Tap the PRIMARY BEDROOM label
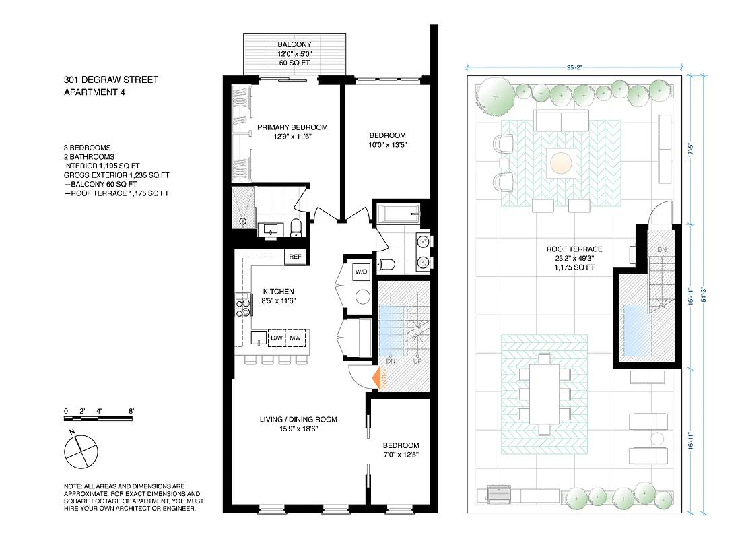292,127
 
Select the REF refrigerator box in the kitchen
294,257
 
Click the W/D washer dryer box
362,271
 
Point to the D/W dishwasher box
277,338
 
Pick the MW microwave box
295,338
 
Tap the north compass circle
80,451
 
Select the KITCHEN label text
279,292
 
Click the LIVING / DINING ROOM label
298,420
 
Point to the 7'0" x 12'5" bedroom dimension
401,455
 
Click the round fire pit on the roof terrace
560,162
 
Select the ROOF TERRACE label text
574,249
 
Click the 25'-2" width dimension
574,67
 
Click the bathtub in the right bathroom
397,216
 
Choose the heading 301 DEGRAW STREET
111,80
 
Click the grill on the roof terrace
499,495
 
